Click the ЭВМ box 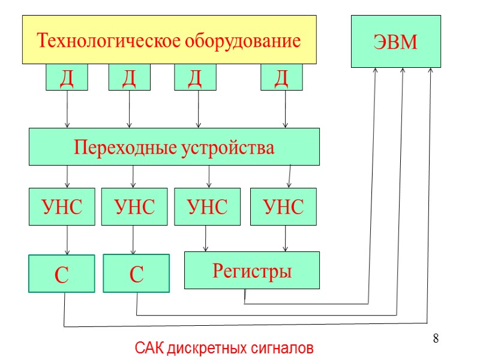pyautogui.click(x=395, y=41)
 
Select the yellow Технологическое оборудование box pyautogui.click(x=169, y=40)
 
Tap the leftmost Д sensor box pyautogui.click(x=67, y=78)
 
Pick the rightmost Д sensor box pyautogui.click(x=281, y=78)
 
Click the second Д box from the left pyautogui.click(x=129, y=78)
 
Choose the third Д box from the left pyautogui.click(x=195, y=78)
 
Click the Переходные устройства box pyautogui.click(x=174, y=147)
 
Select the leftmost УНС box pyautogui.click(x=62, y=207)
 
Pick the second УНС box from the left pyautogui.click(x=133, y=207)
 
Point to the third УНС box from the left pyautogui.click(x=207, y=207)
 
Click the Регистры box pyautogui.click(x=251, y=271)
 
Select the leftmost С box pyautogui.click(x=62, y=274)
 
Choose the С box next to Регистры pyautogui.click(x=136, y=274)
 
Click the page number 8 pyautogui.click(x=436, y=339)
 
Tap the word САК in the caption pyautogui.click(x=149, y=348)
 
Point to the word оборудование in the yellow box pyautogui.click(x=242, y=41)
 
